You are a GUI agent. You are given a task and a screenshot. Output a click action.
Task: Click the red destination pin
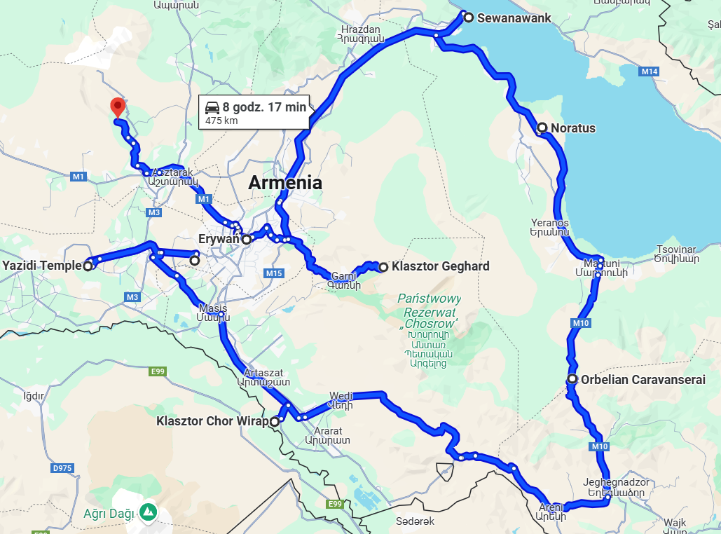[x=118, y=107]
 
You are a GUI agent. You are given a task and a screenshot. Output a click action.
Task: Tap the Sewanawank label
[x=514, y=18]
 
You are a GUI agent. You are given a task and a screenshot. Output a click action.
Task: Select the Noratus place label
[x=573, y=128]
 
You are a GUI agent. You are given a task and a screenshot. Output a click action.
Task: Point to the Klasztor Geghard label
[x=441, y=266]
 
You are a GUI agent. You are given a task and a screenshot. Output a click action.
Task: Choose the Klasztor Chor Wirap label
[x=212, y=421]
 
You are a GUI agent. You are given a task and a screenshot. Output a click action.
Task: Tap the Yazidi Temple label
[x=42, y=266]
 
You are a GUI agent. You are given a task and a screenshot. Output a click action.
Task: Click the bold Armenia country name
[x=285, y=183]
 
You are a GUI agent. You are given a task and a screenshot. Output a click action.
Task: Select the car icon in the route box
[x=212, y=107]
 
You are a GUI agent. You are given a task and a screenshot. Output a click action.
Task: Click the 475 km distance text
[x=221, y=121]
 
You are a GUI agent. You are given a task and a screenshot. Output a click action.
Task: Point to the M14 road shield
[x=650, y=71]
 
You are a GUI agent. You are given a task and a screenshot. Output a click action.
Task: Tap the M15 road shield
[x=273, y=273]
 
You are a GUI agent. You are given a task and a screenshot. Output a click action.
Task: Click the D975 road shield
[x=62, y=467]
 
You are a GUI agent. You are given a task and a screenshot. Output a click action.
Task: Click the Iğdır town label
[x=33, y=396]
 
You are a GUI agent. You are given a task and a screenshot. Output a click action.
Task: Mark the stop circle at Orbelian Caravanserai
[x=572, y=380]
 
